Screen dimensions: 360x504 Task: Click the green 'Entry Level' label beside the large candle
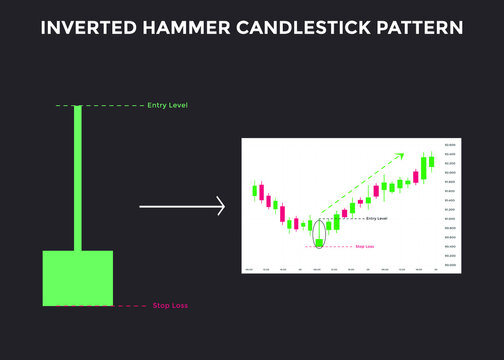point(167,105)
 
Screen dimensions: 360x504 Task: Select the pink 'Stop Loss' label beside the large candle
point(167,305)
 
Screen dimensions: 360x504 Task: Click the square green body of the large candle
point(77,278)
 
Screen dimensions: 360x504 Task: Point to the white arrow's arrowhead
point(221,207)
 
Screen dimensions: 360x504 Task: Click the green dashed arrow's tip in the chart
point(402,154)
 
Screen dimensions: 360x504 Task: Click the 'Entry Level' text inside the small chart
point(377,218)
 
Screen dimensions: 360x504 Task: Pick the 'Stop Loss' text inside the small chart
point(364,246)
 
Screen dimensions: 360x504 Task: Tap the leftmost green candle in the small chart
point(256,190)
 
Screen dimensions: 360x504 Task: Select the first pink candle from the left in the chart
point(263,193)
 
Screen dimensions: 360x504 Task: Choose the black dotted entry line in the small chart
point(345,218)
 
